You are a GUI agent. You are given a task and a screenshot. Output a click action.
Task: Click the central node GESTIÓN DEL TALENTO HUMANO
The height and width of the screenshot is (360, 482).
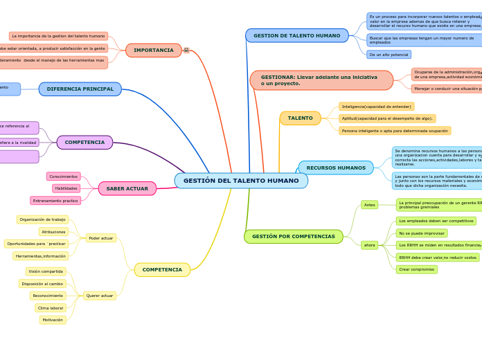(x=241, y=181)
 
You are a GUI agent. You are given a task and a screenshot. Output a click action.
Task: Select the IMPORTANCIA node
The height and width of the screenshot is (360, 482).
(x=154, y=51)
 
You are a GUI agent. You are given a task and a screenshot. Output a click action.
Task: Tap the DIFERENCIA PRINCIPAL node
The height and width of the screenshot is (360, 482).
(x=80, y=89)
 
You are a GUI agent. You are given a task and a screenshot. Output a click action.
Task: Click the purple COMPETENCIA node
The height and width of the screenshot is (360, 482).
(x=84, y=143)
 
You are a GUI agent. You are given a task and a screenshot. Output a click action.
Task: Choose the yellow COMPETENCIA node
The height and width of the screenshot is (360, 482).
(x=162, y=270)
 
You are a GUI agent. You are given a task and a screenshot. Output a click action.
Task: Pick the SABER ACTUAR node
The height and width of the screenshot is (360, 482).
(x=127, y=188)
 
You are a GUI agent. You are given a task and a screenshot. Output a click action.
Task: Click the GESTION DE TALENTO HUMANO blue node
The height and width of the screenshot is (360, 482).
(x=296, y=35)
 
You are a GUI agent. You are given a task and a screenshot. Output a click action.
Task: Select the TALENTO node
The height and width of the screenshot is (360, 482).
(x=300, y=118)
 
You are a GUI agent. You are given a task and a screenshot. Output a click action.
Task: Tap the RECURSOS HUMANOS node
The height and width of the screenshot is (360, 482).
(x=336, y=168)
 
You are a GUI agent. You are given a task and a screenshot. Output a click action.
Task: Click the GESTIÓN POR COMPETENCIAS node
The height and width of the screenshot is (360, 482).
(x=293, y=237)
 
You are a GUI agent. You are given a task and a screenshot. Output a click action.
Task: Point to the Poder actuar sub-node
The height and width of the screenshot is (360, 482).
(x=100, y=238)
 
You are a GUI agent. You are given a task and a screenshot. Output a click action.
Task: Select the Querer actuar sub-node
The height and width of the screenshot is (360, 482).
(x=100, y=296)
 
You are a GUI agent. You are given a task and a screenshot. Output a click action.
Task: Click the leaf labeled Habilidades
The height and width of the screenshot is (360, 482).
(x=66, y=188)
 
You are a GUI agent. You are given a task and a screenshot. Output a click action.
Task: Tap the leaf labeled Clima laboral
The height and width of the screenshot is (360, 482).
(x=51, y=308)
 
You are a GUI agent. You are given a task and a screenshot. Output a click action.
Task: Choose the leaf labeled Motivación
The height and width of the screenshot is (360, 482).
(x=53, y=320)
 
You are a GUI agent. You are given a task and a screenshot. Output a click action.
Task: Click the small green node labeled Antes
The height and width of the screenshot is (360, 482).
(x=370, y=205)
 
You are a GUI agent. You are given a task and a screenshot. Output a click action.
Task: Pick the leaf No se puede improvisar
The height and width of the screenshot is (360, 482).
(x=422, y=233)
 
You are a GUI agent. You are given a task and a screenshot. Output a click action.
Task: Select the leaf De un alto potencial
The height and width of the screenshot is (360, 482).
(x=389, y=55)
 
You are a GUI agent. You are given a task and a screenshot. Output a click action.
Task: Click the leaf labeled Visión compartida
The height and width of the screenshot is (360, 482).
(x=46, y=271)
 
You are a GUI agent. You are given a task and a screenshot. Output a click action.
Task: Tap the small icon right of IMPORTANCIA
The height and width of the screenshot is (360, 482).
(x=186, y=51)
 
